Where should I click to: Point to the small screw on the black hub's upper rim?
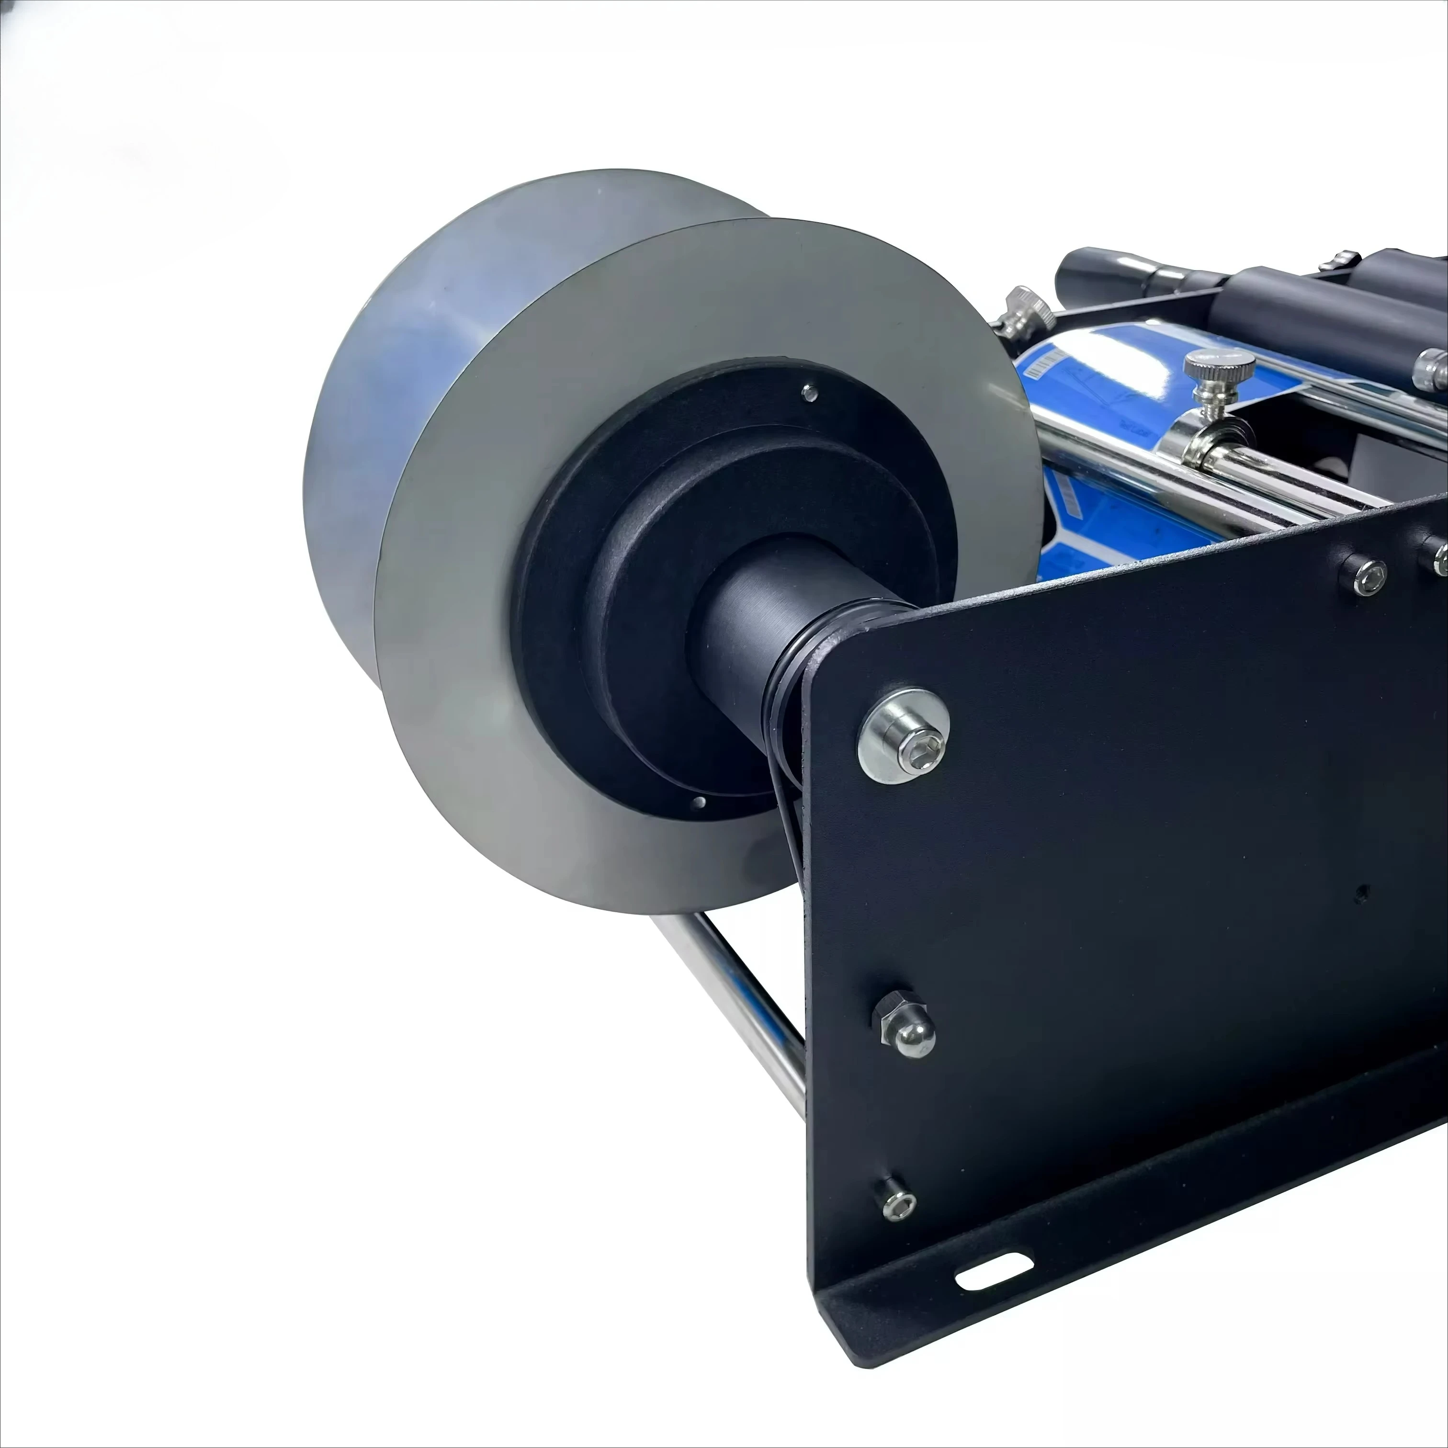[809, 391]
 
